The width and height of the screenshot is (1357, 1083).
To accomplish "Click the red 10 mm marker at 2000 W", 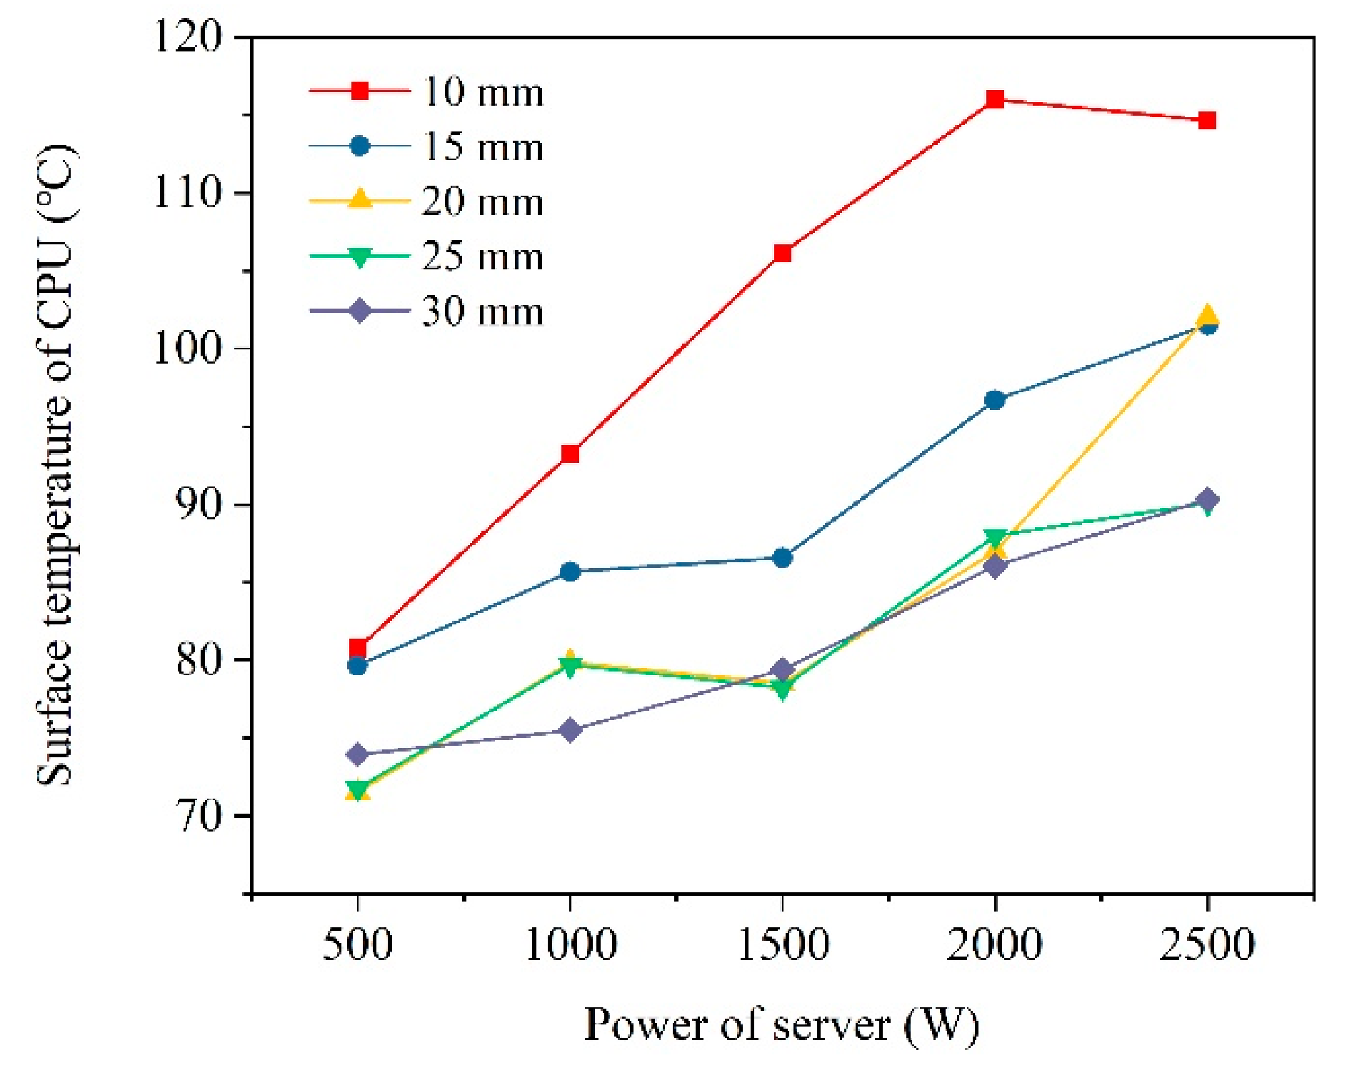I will coord(995,99).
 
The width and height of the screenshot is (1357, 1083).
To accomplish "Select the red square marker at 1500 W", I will coord(783,253).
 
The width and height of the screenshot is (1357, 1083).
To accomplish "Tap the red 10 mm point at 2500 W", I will coord(1207,120).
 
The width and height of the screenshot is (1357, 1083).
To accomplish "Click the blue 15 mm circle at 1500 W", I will coord(783,557).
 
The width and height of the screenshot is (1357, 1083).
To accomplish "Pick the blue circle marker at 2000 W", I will coord(995,400).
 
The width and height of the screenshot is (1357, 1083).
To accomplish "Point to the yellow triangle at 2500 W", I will coord(1207,315).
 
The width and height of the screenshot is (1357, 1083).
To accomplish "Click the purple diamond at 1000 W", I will coord(570,730).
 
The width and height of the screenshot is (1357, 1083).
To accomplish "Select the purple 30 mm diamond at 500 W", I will coord(358,754).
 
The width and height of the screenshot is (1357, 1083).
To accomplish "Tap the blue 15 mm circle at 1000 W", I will coord(570,572).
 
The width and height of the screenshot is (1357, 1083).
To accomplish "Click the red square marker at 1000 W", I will coord(570,454).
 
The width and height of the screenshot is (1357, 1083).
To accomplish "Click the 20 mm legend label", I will coord(483,201).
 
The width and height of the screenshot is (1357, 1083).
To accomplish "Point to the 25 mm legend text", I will coord(483,256).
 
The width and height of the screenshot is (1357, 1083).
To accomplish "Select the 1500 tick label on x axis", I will coord(783,944).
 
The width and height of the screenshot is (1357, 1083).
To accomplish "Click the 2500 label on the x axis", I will coord(1207,944).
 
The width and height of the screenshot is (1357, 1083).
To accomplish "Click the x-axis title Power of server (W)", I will coord(781,1025).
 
